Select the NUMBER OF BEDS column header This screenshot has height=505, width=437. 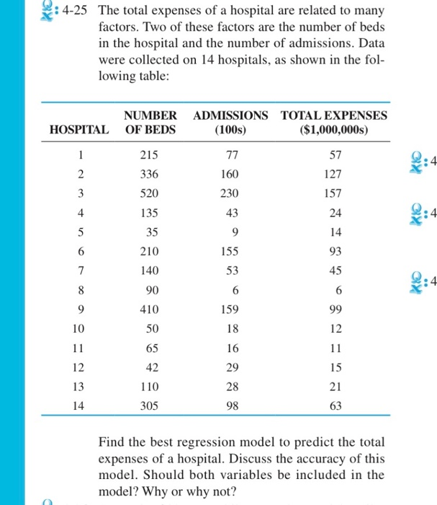click(x=150, y=122)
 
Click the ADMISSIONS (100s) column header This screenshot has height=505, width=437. click(x=230, y=122)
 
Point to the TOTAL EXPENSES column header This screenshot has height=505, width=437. click(x=333, y=122)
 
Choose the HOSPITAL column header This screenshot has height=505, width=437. click(x=80, y=130)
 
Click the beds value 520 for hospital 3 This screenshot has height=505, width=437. click(x=150, y=193)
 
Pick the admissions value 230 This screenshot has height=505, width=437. click(x=230, y=193)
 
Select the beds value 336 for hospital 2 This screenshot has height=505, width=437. click(x=150, y=175)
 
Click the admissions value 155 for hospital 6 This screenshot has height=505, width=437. click(x=230, y=250)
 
